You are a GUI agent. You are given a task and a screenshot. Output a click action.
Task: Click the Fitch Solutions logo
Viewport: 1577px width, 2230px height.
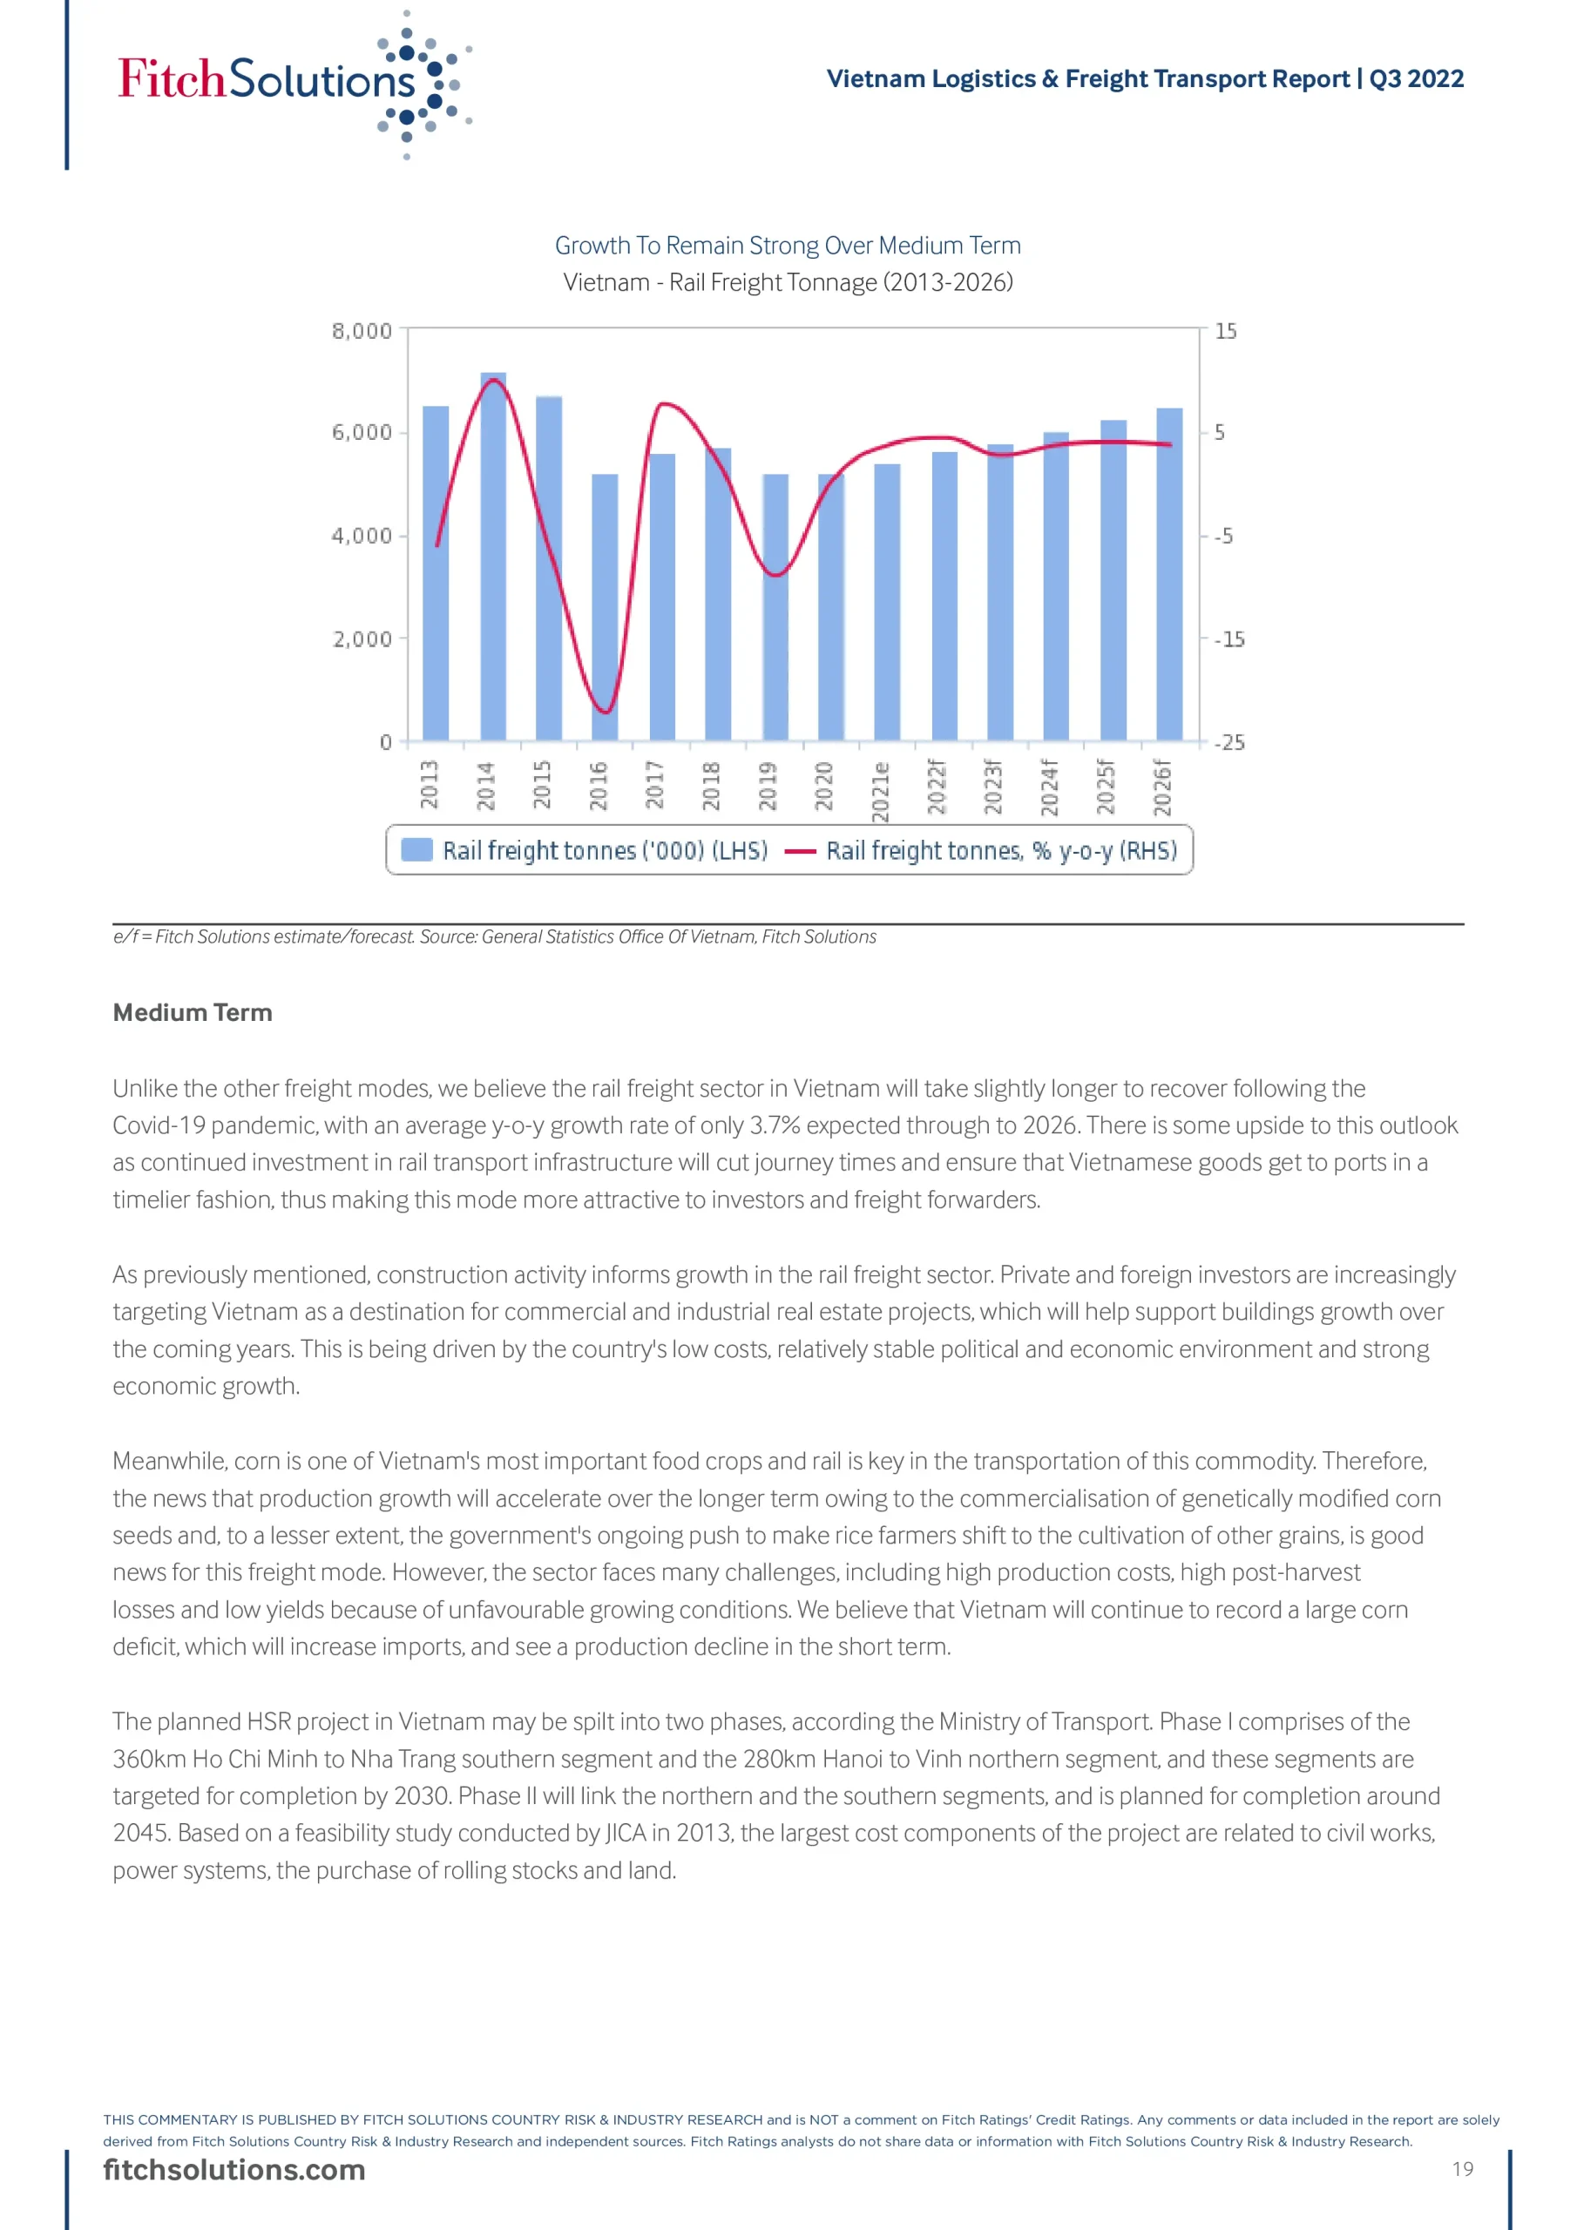pyautogui.click(x=292, y=82)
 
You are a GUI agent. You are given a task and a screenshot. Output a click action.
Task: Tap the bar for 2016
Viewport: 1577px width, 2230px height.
pyautogui.click(x=605, y=607)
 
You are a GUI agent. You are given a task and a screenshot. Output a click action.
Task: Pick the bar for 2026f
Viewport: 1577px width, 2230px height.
pyautogui.click(x=1169, y=574)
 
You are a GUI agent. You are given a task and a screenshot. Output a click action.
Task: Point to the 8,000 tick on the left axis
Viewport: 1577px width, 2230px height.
pyautogui.click(x=362, y=331)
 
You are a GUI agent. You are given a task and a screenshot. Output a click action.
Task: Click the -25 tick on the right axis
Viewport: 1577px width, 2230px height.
pyautogui.click(x=1229, y=743)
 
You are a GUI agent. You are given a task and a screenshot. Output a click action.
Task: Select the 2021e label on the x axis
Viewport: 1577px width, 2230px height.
pyautogui.click(x=880, y=791)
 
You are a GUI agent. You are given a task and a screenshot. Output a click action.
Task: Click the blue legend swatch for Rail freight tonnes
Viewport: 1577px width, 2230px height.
pyautogui.click(x=416, y=850)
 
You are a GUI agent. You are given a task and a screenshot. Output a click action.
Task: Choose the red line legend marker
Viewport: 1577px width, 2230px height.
pyautogui.click(x=800, y=852)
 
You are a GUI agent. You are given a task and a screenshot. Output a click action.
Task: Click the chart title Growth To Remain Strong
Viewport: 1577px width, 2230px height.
pyautogui.click(x=787, y=246)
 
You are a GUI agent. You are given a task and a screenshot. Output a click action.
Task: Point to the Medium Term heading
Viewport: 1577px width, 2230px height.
pyautogui.click(x=193, y=1012)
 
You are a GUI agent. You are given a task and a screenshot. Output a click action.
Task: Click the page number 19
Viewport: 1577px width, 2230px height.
pyautogui.click(x=1462, y=2169)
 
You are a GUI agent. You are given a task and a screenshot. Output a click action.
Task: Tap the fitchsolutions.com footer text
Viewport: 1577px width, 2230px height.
pyautogui.click(x=234, y=2170)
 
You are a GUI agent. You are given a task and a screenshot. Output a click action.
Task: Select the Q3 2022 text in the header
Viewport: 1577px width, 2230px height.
pyautogui.click(x=1416, y=78)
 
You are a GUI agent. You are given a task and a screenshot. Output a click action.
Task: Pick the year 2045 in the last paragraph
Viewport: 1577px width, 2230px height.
pyautogui.click(x=141, y=1833)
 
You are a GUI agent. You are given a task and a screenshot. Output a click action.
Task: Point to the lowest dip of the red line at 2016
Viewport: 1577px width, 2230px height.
pyautogui.click(x=605, y=712)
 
